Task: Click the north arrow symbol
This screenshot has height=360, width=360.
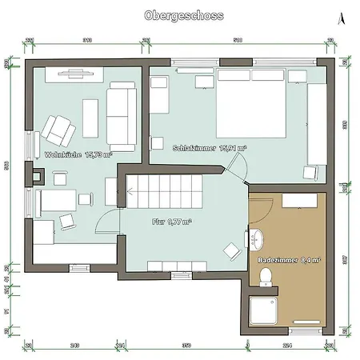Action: click(342, 17)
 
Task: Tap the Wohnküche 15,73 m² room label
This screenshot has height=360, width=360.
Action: click(78, 154)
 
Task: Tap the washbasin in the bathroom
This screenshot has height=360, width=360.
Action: click(258, 238)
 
